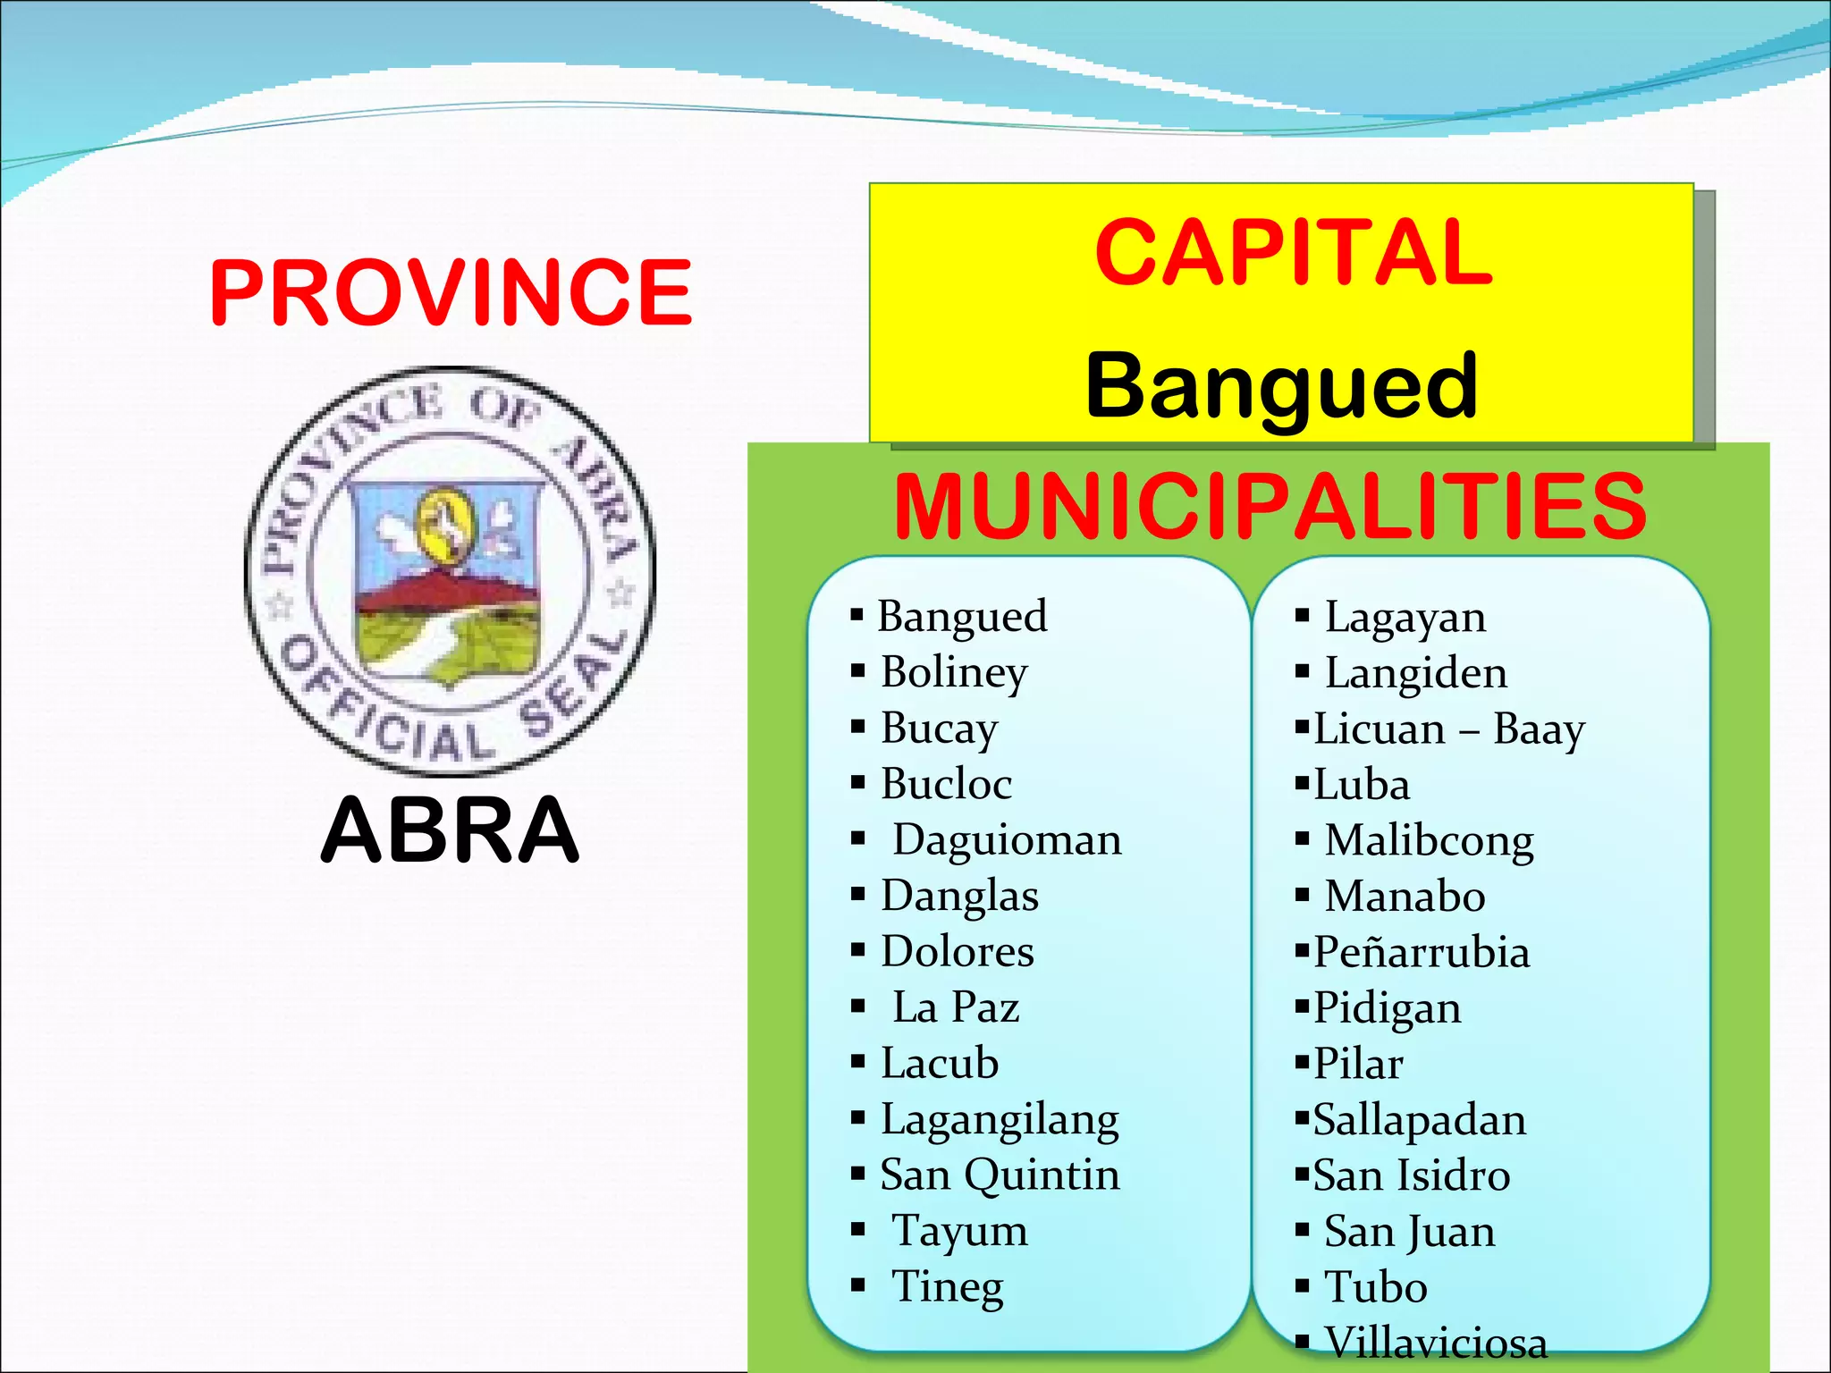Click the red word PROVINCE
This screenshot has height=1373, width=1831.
(451, 291)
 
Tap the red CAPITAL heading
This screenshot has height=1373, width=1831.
(1293, 253)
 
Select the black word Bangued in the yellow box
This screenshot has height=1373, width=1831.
(1281, 385)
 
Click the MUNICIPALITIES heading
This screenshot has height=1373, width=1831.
(1270, 506)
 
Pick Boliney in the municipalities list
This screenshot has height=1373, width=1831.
(954, 672)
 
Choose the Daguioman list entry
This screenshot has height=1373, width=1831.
(1007, 840)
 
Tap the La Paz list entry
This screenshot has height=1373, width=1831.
(956, 1007)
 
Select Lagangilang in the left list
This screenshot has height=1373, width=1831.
(1000, 1119)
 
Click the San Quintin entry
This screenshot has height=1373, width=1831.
(1000, 1175)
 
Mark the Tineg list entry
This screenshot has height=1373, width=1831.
(948, 1287)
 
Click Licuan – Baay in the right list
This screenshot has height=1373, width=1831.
(1448, 729)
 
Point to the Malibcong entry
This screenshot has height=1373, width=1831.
(1429, 841)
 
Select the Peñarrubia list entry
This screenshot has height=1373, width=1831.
(1422, 953)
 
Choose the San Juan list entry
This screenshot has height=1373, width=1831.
(1409, 1232)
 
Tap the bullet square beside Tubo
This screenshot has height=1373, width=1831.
(1303, 1287)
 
